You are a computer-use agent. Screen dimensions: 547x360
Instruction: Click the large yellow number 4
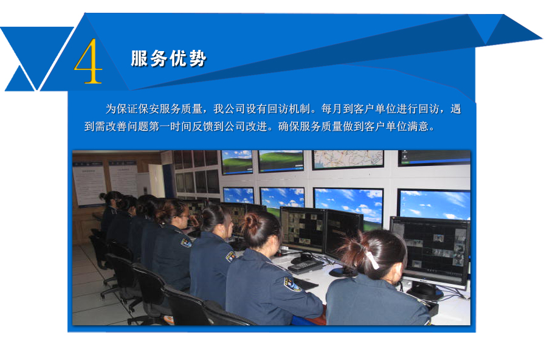point(88,61)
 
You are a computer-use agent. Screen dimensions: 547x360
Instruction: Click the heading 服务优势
point(168,58)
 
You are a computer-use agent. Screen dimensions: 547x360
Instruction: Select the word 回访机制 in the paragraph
point(289,109)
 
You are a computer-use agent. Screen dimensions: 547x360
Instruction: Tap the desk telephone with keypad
point(305,266)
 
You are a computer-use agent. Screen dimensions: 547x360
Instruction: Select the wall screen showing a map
point(348,159)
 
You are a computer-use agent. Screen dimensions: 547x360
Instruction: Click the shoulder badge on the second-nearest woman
point(292,284)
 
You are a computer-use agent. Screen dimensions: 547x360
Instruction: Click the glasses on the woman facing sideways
point(185,216)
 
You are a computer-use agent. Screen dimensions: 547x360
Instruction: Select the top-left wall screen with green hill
point(237,161)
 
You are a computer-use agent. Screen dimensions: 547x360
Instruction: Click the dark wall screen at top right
point(434,157)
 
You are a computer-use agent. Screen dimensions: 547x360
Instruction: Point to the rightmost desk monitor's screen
point(430,250)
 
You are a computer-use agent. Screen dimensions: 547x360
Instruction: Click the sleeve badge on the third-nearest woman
point(230,257)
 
